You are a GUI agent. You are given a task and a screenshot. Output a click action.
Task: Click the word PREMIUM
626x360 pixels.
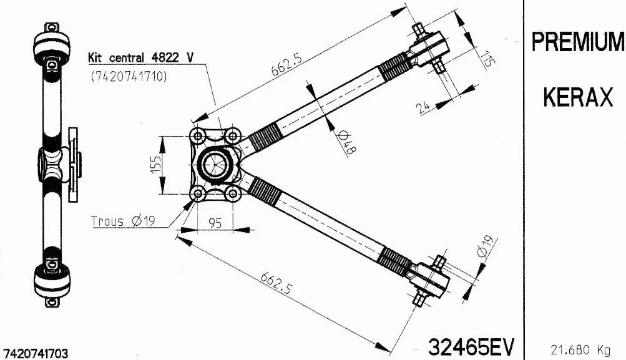click(577, 42)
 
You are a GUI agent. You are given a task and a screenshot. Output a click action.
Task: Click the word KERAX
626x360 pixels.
click(577, 97)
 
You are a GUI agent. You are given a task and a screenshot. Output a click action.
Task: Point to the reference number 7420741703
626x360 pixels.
click(37, 353)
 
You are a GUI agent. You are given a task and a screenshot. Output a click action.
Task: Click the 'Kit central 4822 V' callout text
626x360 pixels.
click(141, 57)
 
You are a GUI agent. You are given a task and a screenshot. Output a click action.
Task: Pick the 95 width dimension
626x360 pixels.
click(215, 223)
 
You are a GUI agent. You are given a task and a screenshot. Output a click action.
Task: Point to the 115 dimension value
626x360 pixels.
click(488, 58)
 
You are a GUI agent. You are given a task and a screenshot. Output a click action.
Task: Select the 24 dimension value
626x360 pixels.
click(424, 107)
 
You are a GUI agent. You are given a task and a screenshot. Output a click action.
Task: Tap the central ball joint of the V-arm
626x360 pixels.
click(216, 165)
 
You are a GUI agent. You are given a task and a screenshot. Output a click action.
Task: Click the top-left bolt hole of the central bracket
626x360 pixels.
click(198, 135)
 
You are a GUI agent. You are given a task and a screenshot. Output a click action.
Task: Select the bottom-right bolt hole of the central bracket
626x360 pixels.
click(233, 195)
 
